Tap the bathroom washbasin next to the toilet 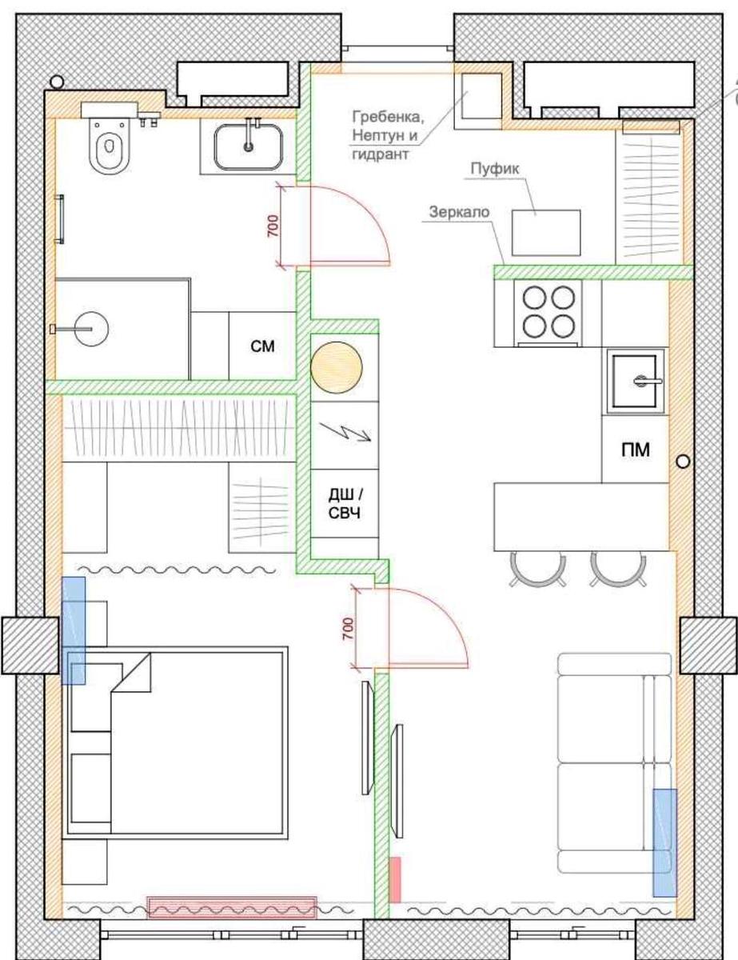pos(249,146)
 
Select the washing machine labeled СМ pos(262,346)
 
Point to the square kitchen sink pos(635,380)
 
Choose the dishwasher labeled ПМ pos(635,450)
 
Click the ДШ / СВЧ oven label pos(345,504)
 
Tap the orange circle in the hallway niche pos(337,367)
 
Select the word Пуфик pos(495,168)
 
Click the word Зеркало pos(460,212)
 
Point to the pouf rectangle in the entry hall pos(546,233)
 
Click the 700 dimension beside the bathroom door pos(273,226)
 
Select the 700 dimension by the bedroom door pos(349,629)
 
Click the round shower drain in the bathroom pos(91,329)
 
